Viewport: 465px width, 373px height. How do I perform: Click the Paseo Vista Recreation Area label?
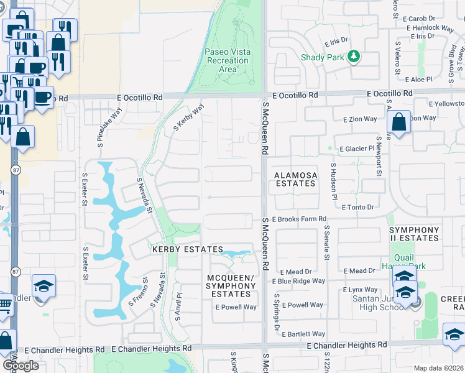228,60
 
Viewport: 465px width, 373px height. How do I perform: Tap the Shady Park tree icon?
354,57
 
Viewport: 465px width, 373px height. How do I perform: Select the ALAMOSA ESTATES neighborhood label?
296,180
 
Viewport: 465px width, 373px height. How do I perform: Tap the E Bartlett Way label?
303,334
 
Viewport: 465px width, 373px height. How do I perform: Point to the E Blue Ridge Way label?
303,281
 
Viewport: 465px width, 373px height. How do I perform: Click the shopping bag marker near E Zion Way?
398,122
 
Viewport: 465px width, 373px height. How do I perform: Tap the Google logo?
20,365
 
